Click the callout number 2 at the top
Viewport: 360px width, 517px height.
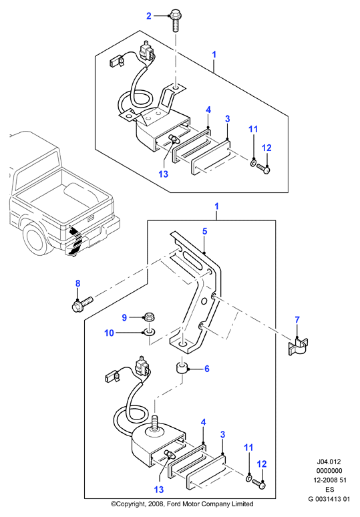coord(149,16)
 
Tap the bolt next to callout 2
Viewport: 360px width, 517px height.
coord(175,21)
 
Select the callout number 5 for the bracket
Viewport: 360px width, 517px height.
coord(205,231)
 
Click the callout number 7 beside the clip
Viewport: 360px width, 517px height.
coord(297,319)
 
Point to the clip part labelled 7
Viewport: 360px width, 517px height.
coord(298,346)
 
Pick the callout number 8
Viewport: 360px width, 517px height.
coord(77,283)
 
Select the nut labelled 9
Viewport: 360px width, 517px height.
coord(148,318)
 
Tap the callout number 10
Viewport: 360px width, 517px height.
coord(109,333)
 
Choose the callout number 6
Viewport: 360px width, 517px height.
coord(206,369)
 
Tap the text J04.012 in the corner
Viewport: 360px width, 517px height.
coord(329,462)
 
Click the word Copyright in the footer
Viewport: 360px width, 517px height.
coord(128,504)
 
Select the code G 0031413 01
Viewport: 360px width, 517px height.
coord(329,499)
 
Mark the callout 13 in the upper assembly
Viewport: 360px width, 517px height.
coord(163,174)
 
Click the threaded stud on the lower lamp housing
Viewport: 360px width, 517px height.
coord(154,423)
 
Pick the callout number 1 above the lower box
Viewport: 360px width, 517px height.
coord(216,206)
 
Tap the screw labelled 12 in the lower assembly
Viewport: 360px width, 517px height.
coord(258,484)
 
